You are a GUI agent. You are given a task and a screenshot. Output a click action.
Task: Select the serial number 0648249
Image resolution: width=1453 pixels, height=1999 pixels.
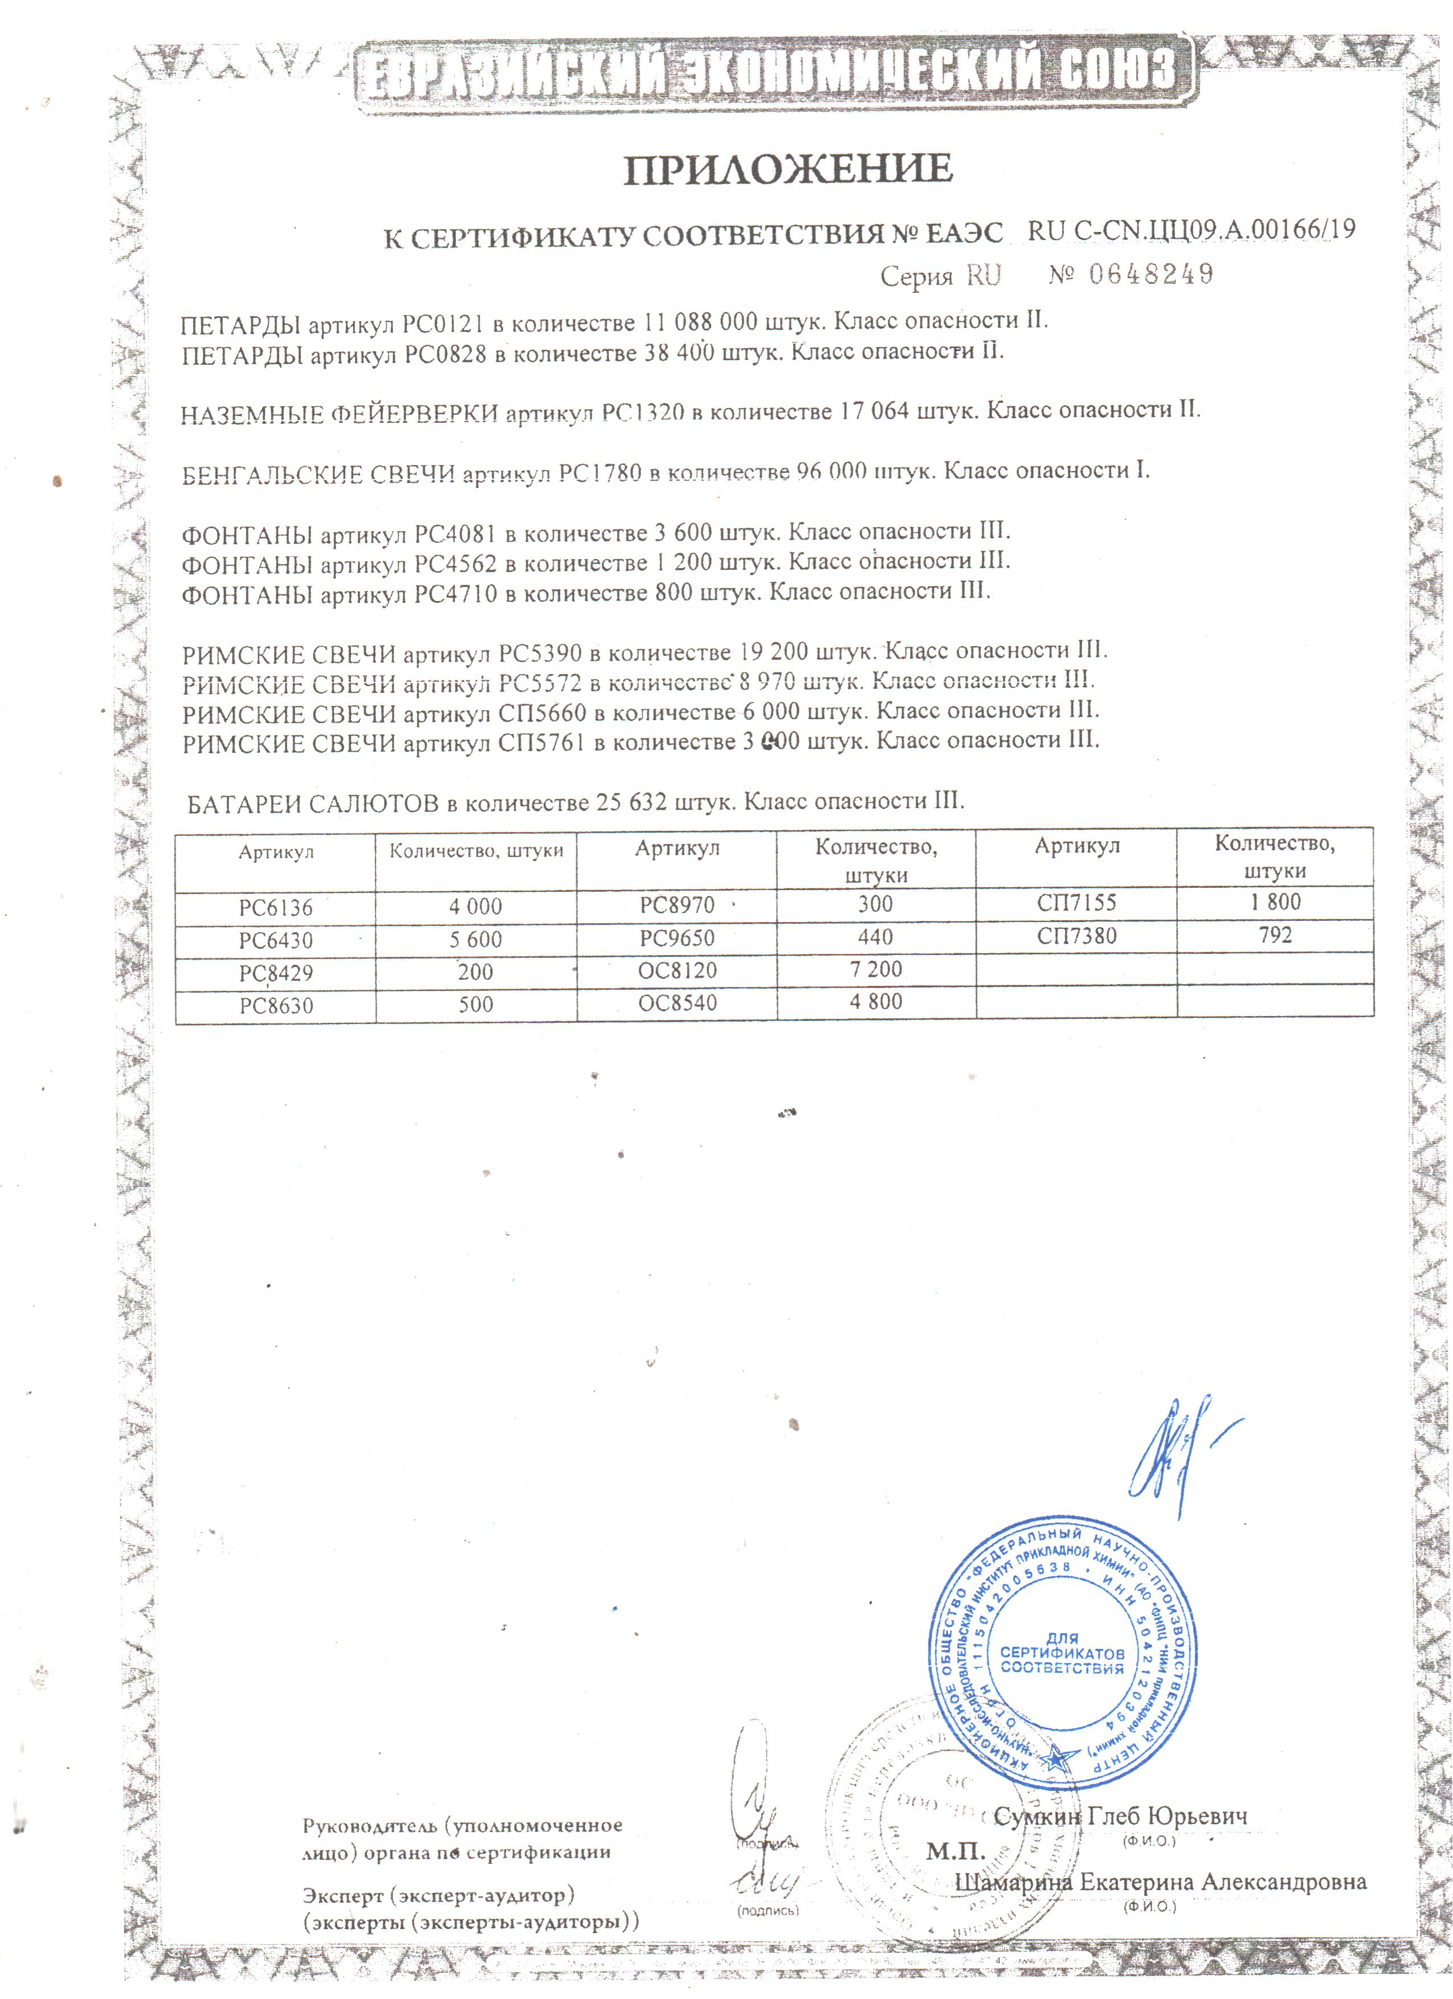1151,275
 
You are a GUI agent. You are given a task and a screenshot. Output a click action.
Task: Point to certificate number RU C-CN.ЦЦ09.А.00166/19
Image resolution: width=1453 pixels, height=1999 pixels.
1191,231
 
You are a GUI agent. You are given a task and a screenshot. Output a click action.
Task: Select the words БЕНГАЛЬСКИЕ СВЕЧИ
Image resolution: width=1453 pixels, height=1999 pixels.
318,475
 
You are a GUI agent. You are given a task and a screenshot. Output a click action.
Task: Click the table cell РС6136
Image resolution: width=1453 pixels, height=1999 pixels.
276,908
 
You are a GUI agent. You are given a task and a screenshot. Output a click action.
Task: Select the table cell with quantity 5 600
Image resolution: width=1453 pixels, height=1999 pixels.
476,940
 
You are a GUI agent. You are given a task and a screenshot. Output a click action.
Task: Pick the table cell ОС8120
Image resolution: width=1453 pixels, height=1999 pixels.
677,972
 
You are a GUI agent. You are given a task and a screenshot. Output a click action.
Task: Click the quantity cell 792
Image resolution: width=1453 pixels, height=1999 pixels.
1275,935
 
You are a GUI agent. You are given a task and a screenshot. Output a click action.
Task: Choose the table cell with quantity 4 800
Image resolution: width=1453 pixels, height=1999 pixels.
876,1002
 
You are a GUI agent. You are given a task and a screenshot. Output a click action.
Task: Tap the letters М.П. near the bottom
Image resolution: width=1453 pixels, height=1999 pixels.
955,1850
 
